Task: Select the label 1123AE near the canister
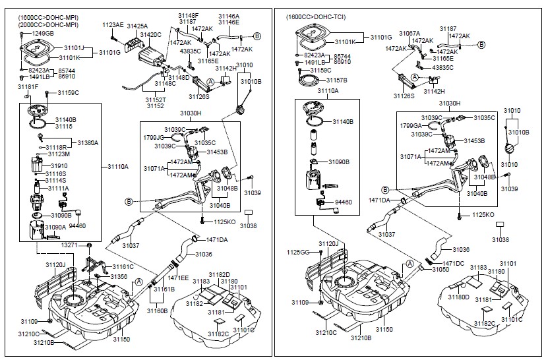click(113, 24)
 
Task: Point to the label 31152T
click(156, 99)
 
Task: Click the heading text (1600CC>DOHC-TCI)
click(317, 16)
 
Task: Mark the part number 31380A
click(88, 142)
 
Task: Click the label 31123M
click(58, 154)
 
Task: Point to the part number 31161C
click(123, 267)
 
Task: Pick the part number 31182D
click(219, 274)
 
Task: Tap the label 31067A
click(409, 33)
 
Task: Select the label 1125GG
click(298, 252)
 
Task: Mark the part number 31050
click(440, 270)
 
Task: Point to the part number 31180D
click(459, 297)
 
